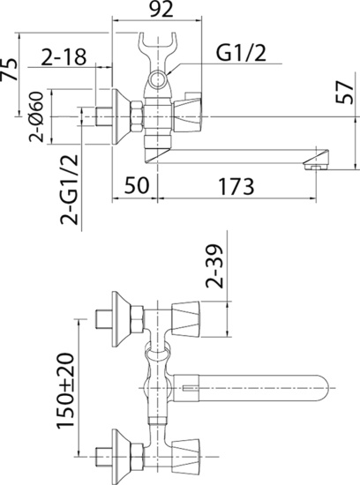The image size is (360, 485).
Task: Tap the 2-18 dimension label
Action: click(64, 58)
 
